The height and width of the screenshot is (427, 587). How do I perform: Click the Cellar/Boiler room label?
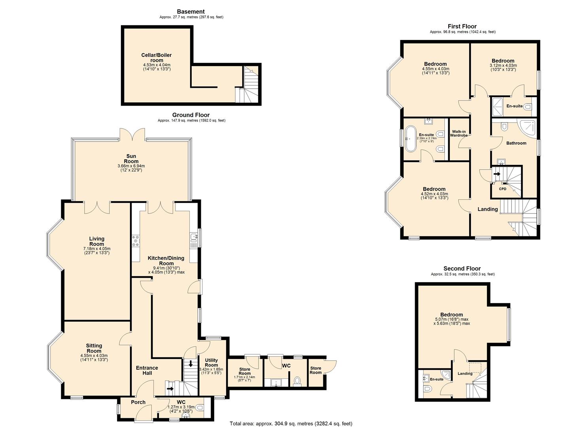[x=157, y=58]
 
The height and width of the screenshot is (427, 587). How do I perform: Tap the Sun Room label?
[x=131, y=159]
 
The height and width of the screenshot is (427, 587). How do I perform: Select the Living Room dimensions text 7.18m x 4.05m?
[x=96, y=249]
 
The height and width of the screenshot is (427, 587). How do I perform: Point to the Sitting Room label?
[x=94, y=348]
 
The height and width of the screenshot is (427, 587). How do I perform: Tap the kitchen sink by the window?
[x=193, y=237]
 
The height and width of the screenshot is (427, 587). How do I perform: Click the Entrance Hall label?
[x=147, y=370]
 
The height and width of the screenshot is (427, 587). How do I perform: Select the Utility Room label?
[x=211, y=363]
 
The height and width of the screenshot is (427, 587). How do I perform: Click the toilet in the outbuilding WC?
[x=297, y=381]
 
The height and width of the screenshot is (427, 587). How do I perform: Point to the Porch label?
[x=138, y=402]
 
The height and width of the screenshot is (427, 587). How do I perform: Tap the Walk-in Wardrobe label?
[x=459, y=134]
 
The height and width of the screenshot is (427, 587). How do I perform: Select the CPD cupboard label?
[x=502, y=189]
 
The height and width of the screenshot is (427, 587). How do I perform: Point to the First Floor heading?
[x=462, y=26]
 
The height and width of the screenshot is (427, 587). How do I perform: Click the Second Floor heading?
[x=462, y=268]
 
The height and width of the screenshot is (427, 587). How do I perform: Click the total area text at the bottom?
[x=291, y=423]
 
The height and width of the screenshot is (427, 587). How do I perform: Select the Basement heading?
[x=191, y=11]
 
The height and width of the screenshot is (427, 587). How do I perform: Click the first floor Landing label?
[x=488, y=209]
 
